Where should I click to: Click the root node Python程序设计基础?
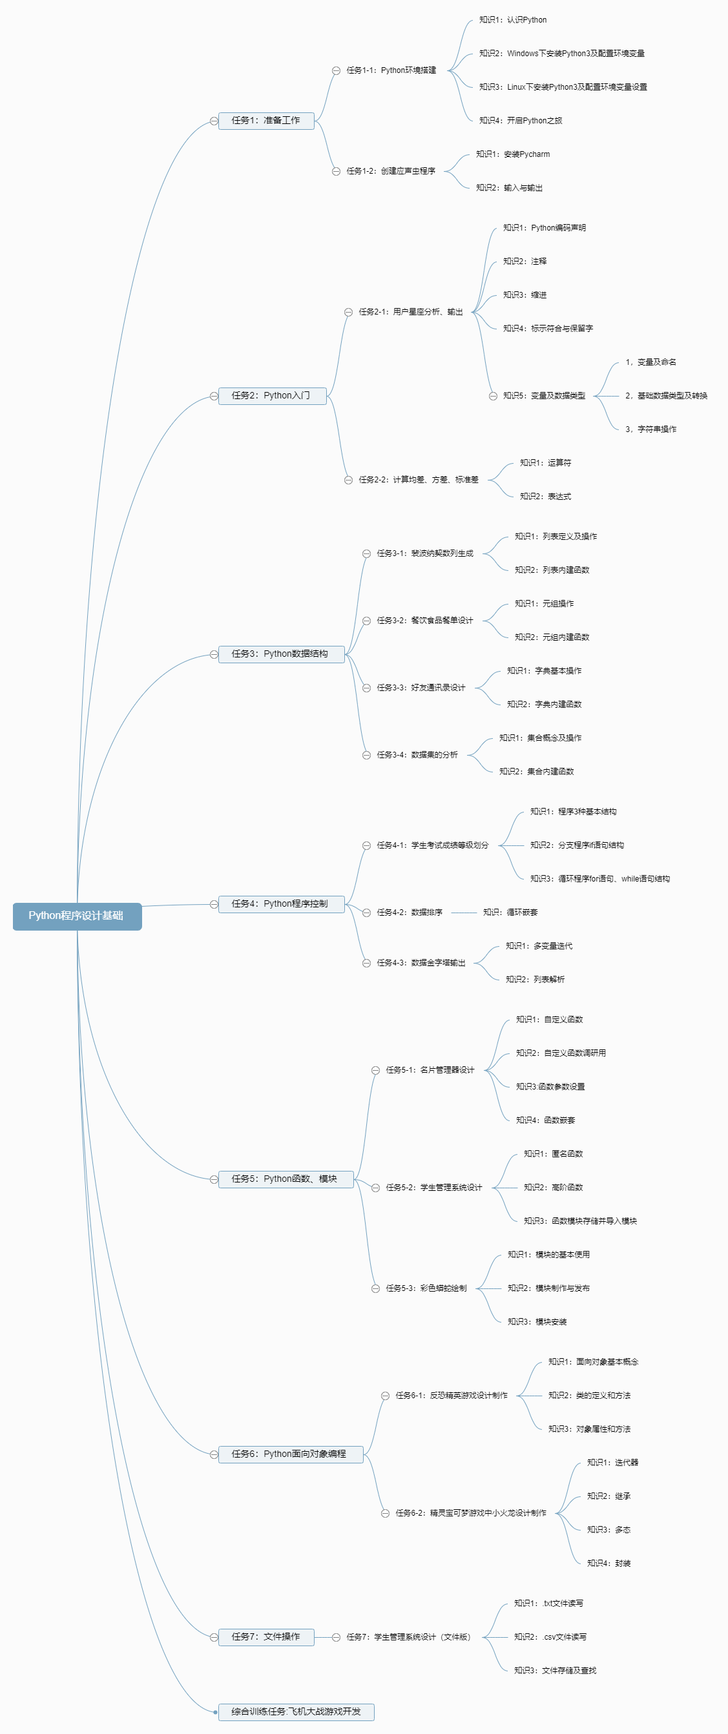pos(77,916)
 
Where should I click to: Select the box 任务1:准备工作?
pos(266,121)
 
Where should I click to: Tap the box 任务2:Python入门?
pos(271,396)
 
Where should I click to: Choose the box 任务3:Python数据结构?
pos(281,654)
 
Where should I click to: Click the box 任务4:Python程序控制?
pos(281,904)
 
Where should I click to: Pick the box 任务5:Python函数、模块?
pos(285,1179)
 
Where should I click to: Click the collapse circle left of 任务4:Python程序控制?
pos(213,904)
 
